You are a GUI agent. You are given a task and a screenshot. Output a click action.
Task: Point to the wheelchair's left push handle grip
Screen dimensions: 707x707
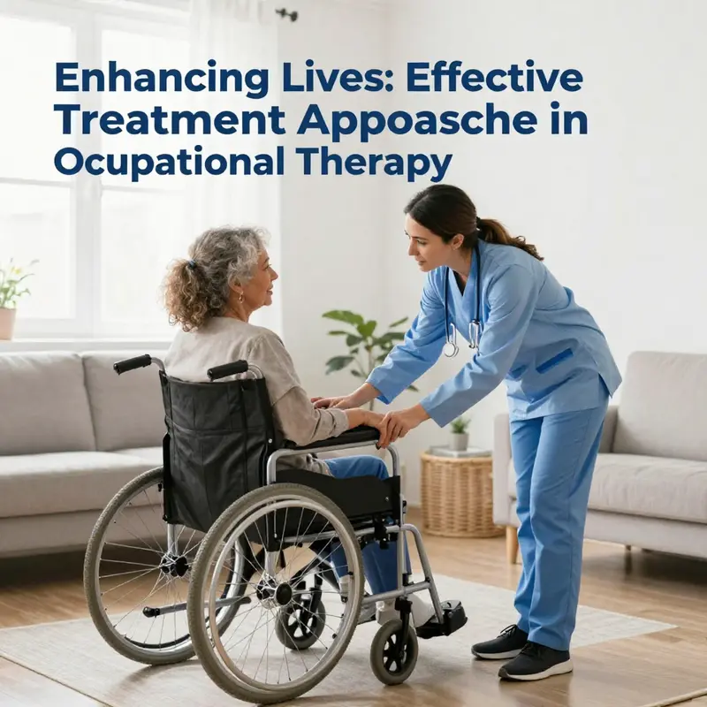coord(133,363)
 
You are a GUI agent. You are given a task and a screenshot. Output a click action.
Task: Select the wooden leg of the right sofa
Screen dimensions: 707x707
coord(511,543)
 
